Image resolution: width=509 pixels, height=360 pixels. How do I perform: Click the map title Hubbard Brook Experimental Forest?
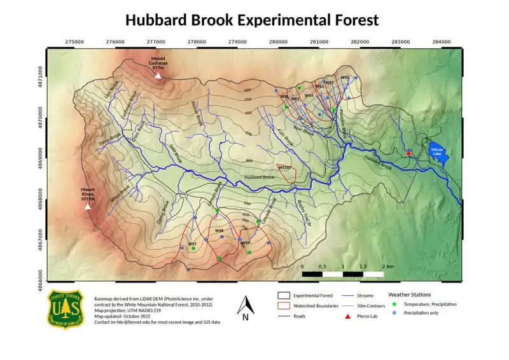[x=252, y=20]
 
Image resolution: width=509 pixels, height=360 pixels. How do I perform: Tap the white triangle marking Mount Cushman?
[x=158, y=75]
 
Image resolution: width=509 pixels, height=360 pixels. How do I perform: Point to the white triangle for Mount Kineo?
[x=88, y=206]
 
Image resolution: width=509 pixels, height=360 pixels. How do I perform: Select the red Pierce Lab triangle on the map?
[x=409, y=153]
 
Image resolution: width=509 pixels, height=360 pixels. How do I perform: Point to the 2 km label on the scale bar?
[x=387, y=266]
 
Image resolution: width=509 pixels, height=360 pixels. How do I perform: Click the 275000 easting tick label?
[x=74, y=41]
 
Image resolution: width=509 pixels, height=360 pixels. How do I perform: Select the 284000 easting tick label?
[x=442, y=41]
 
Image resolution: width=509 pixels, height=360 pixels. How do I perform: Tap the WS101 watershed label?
[x=284, y=168]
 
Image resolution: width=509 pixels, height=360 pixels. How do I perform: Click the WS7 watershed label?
[x=192, y=244]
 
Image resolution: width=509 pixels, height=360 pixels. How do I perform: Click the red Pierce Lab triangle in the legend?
[x=348, y=316]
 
